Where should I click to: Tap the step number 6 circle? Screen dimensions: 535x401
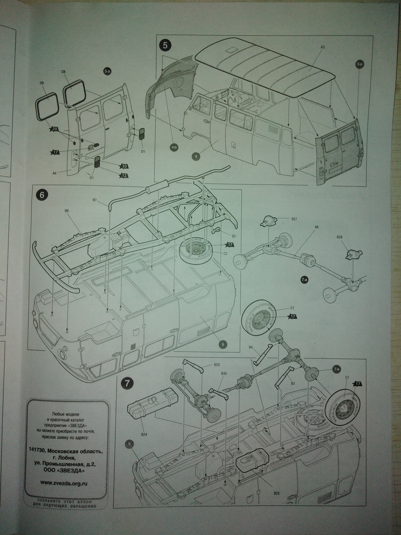pyautogui.click(x=42, y=195)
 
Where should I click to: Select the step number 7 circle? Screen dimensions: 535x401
pyautogui.click(x=127, y=383)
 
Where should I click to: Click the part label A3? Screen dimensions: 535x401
pyautogui.click(x=322, y=48)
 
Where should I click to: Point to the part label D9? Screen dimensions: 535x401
pyautogui.click(x=41, y=83)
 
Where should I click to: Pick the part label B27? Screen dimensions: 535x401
pyautogui.click(x=294, y=219)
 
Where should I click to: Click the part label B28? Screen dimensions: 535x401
pyautogui.click(x=339, y=237)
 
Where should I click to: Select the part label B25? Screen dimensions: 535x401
pyautogui.click(x=277, y=493)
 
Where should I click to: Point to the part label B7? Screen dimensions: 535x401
pyautogui.click(x=95, y=201)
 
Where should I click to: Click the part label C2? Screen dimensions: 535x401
pyautogui.click(x=225, y=253)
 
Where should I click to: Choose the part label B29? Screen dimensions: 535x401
pyautogui.click(x=217, y=364)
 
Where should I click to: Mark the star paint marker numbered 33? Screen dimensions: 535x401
pyautogui.click(x=124, y=166)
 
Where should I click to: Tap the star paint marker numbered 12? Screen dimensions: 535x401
pyautogui.click(x=124, y=176)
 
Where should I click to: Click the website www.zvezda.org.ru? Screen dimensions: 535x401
pyautogui.click(x=67, y=482)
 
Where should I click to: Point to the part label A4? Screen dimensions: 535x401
pyautogui.click(x=54, y=173)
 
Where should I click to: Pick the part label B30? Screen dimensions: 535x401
pyautogui.click(x=224, y=373)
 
